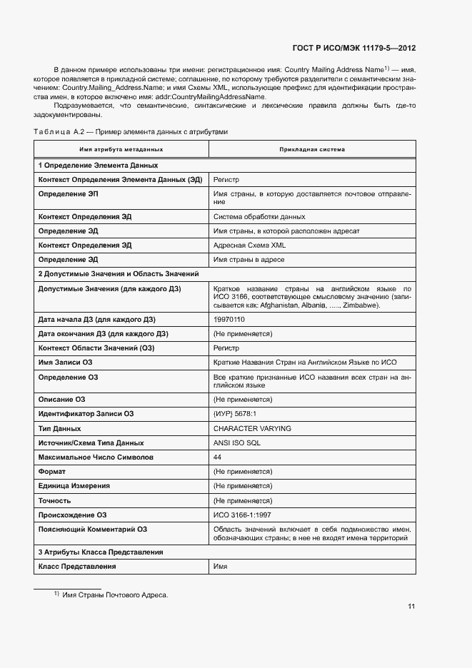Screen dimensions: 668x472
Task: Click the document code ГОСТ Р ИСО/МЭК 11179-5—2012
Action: click(354, 49)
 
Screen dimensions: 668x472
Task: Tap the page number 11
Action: click(411, 607)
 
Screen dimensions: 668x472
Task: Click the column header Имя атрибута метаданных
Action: click(121, 150)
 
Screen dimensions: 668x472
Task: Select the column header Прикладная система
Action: click(312, 150)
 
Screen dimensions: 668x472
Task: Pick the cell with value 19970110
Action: click(229, 319)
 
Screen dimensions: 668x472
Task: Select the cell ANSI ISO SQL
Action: click(237, 442)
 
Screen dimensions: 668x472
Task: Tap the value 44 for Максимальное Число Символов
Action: click(218, 457)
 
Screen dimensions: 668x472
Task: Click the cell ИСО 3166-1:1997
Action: click(242, 515)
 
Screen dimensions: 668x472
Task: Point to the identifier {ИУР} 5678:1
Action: click(235, 414)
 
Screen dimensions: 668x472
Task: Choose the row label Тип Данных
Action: click(59, 428)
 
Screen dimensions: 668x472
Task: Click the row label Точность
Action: click(56, 500)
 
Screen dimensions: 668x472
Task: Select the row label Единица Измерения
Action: click(74, 486)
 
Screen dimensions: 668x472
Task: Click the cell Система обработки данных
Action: click(259, 216)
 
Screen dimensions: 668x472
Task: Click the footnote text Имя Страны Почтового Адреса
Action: click(115, 594)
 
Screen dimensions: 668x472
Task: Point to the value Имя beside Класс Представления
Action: click(220, 566)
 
